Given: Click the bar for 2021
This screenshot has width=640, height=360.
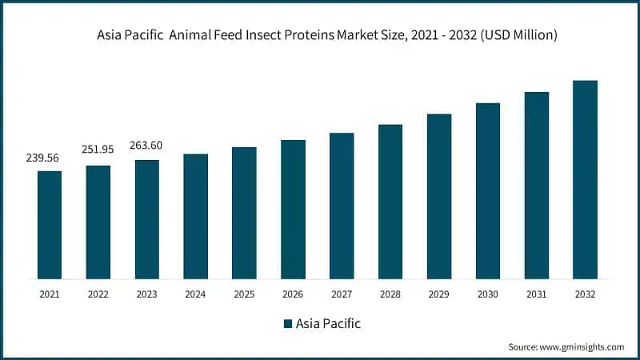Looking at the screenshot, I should [x=50, y=225].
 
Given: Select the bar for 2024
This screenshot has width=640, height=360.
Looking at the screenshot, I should [x=195, y=216].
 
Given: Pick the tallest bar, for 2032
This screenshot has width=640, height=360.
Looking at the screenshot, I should [x=585, y=179].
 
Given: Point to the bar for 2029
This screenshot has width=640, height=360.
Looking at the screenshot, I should [x=439, y=196].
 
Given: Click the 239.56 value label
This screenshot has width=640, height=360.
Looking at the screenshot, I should [x=45, y=158].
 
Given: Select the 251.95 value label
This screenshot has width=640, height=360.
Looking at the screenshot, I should [x=98, y=150].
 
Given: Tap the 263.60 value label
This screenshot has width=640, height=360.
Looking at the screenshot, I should [x=147, y=145].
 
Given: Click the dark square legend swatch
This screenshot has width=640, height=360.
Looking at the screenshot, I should [x=288, y=324].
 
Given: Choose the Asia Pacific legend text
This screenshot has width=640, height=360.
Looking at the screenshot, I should [x=328, y=324].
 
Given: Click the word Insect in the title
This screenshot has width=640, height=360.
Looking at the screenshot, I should [x=269, y=35].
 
